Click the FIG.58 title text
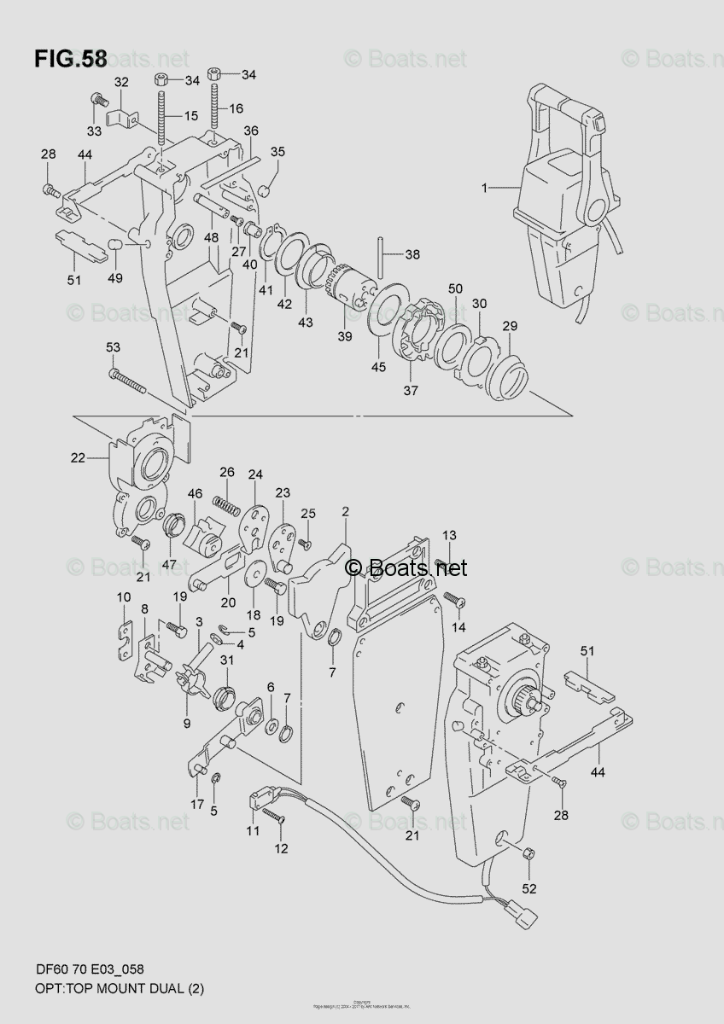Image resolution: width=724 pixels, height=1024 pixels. [71, 60]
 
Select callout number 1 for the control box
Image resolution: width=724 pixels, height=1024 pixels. [484, 188]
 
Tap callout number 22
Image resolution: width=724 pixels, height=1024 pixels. [78, 458]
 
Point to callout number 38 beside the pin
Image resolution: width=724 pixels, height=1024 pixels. [412, 254]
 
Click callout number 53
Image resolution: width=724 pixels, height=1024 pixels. [113, 346]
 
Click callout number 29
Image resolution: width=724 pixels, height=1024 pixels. [509, 327]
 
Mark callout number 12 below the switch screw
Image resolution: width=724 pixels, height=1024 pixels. [281, 848]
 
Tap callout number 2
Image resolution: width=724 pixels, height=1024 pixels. [345, 512]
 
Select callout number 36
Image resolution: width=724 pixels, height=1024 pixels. [250, 131]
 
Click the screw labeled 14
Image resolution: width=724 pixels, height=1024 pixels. [454, 602]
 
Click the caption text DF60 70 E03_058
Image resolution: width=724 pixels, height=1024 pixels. [89, 969]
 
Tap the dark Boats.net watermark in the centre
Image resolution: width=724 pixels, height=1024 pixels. [406, 567]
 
